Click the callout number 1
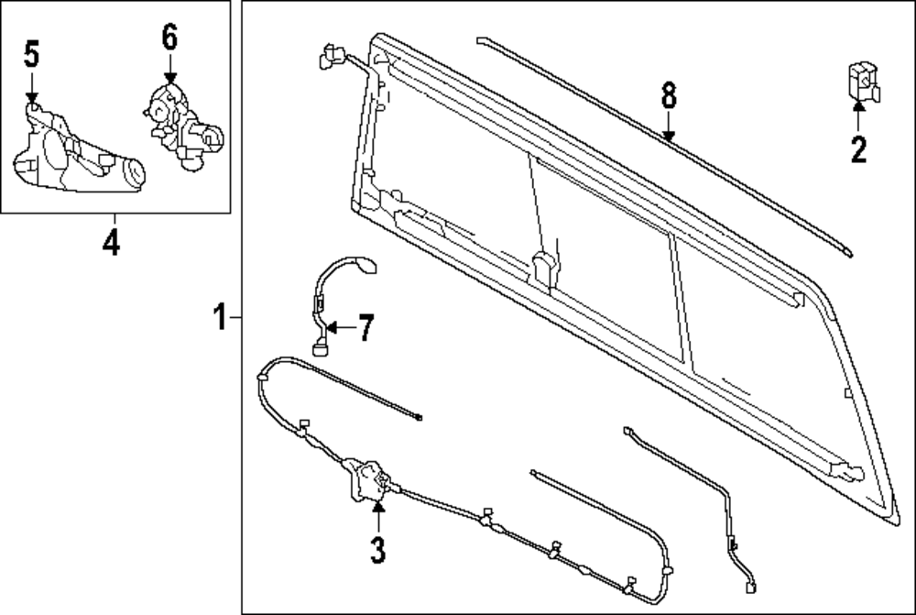point(219,318)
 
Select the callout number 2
point(857,148)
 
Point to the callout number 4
point(111,244)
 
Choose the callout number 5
point(31,55)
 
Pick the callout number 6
point(169,38)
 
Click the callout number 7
point(365,328)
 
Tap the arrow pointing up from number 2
point(858,114)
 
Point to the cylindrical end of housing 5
point(134,172)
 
